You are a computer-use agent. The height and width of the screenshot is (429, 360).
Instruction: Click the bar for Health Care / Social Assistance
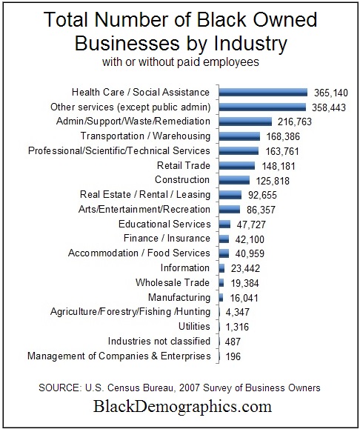(x=263, y=93)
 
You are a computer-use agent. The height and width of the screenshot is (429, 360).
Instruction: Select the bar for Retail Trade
(x=237, y=165)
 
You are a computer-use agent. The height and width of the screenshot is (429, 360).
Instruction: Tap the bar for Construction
(x=235, y=180)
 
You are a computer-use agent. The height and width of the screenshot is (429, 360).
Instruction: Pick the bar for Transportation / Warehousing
(x=240, y=136)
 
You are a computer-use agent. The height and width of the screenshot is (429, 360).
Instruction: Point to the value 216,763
(x=294, y=122)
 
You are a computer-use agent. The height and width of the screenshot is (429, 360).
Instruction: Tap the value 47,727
(x=251, y=224)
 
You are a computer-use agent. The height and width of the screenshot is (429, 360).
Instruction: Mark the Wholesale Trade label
(x=173, y=282)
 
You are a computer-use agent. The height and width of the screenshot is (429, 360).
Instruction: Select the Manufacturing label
(x=179, y=297)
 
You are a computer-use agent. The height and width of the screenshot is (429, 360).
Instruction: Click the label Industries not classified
(x=159, y=341)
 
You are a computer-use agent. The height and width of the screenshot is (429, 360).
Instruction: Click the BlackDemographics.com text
(x=181, y=407)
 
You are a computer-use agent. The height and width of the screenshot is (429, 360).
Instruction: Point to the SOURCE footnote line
(x=181, y=387)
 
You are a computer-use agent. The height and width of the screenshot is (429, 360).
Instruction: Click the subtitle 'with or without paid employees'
(x=179, y=62)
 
